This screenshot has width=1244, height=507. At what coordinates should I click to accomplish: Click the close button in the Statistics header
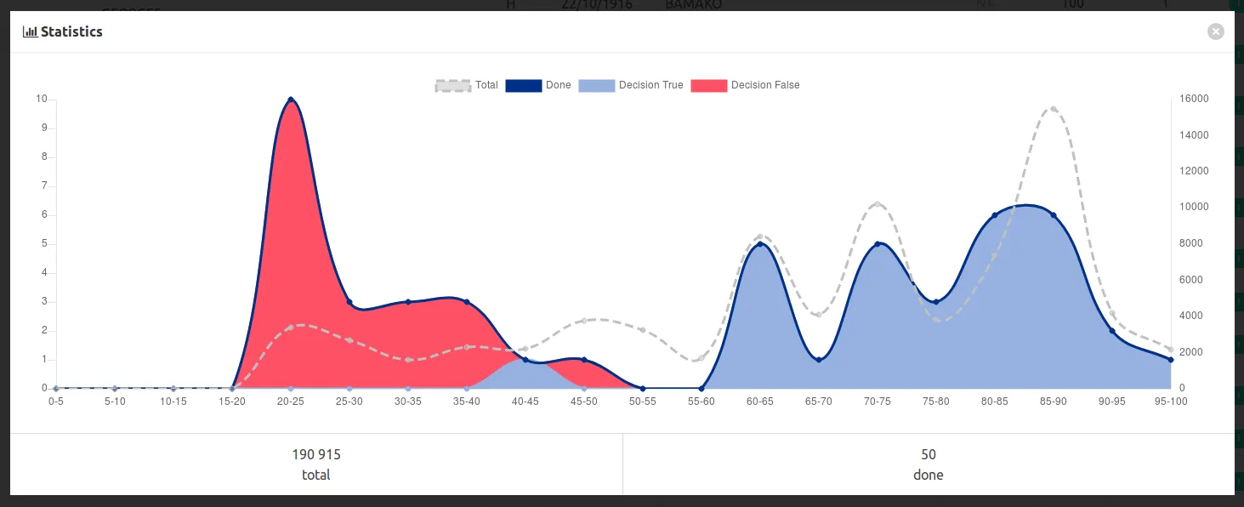pos(1216,31)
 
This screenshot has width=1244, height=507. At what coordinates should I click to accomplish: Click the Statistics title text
pos(71,31)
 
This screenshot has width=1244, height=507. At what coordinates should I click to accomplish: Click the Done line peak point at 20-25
pos(291,100)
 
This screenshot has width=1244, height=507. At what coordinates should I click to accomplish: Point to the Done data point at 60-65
pos(760,244)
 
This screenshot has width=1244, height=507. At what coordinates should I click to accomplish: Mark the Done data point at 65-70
pos(819,360)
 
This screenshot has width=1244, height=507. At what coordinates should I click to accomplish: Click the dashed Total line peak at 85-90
pos(1053,109)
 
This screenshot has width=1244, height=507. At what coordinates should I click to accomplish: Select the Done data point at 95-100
pos(1171,360)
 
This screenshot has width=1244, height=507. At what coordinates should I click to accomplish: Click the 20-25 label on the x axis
pos(291,401)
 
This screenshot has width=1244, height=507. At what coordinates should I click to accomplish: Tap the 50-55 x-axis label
pos(643,401)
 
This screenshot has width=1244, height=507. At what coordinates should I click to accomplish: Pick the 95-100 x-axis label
pos(1170,401)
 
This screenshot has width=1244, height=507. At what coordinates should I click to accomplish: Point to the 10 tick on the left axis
pos(42,99)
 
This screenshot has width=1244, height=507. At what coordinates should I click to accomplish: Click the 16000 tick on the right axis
pos(1195,99)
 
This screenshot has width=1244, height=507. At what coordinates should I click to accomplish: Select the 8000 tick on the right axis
pos(1192,243)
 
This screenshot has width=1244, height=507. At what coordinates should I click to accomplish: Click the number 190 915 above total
pos(316,454)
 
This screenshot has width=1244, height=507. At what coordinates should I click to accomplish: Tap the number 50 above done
pos(929,454)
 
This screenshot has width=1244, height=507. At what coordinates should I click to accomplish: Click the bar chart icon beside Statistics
pos(30,31)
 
